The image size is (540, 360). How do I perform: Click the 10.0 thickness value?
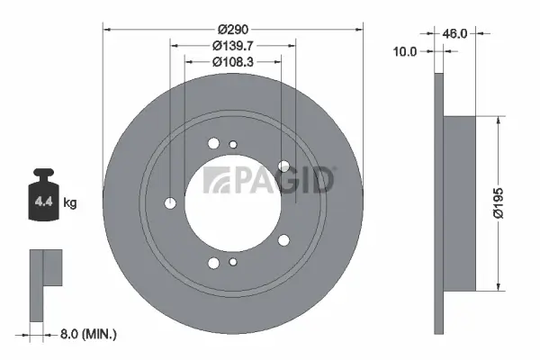click(406, 52)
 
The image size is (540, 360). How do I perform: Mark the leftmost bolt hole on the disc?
click(171, 203)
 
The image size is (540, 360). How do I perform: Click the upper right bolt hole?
click(283, 166)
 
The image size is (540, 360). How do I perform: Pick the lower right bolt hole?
click(283, 239)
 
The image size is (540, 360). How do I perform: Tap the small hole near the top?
click(232, 144)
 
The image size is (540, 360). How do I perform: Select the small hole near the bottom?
click(232, 262)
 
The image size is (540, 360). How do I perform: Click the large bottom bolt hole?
click(213, 263)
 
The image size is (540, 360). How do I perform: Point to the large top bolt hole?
click(213, 143)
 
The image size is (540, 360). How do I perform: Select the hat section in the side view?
click(460, 203)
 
